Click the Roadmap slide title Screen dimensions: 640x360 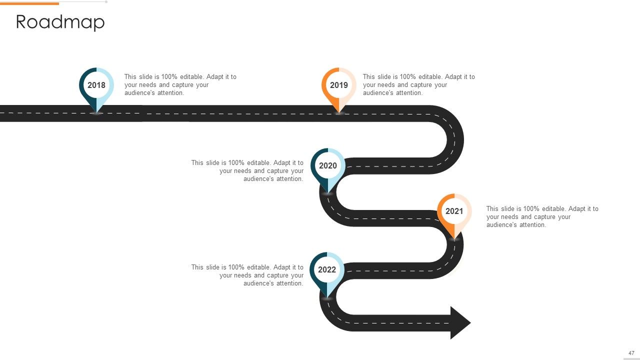pos(60,22)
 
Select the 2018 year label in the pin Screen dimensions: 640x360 pos(96,85)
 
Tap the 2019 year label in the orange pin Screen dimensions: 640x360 pos(339,85)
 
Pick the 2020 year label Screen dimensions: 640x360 pos(327,165)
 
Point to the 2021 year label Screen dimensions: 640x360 pos(454,211)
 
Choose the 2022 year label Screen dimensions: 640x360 pos(327,269)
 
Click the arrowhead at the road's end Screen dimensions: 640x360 pos(460,323)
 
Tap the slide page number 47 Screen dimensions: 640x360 pos(631,353)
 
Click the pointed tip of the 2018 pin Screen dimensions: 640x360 pos(96,112)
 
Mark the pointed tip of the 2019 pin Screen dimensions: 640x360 pos(339,112)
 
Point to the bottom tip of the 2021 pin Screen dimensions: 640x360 pos(454,239)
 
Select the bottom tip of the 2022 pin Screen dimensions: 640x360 pos(327,297)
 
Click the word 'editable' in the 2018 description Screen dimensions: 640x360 pos(192,77)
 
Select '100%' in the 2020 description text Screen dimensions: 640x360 pos(236,163)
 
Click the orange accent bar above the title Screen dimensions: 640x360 pos(29,3)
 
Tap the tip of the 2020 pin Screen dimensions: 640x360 pos(327,193)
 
